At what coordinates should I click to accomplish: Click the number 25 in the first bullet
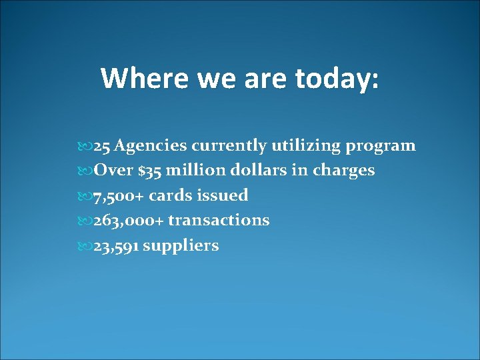(x=103, y=145)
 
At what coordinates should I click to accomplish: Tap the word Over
(x=115, y=171)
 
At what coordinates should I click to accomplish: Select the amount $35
(x=150, y=171)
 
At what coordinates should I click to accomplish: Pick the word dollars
(x=261, y=171)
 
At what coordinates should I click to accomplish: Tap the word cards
(x=170, y=196)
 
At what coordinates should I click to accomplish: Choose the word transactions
(x=219, y=221)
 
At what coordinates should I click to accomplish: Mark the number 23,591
(x=116, y=246)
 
